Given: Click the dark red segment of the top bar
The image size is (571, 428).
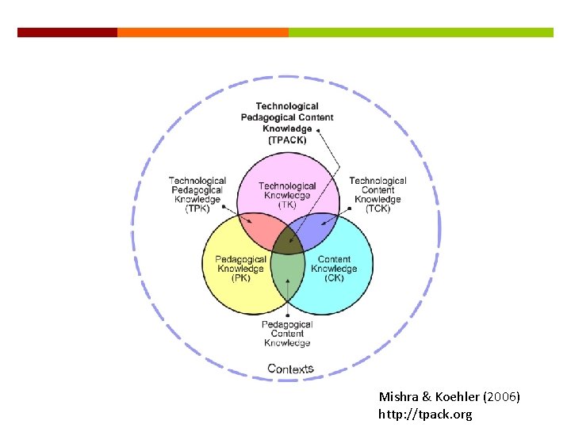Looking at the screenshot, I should pos(67,32).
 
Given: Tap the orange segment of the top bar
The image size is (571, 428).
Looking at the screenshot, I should pos(203,32).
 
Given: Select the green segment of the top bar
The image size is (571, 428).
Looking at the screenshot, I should pos(420,32).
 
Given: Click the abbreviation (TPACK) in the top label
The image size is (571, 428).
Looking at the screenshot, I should pos(287,139).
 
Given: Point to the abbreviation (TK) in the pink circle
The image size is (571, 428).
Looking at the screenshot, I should pos(287,204).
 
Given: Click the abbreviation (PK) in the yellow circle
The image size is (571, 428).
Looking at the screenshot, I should pos(240,278).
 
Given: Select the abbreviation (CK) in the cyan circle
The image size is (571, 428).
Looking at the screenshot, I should pos(334,278).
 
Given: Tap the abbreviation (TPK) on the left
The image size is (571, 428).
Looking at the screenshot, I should pos(197,209).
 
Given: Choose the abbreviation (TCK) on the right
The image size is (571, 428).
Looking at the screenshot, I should pos(377,209).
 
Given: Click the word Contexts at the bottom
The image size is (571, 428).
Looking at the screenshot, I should pos(290,369).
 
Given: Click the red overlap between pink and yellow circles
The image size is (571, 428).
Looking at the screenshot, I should pos(259,230).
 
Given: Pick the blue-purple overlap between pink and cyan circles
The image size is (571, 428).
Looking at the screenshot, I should pos(316,230).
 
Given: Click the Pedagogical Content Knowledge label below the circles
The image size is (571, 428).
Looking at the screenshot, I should pos(287,334).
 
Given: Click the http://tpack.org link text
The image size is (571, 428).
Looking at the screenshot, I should pos(425,415).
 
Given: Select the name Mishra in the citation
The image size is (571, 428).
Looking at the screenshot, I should pos(397,396).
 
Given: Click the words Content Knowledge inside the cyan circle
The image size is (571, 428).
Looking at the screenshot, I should pos(334,264).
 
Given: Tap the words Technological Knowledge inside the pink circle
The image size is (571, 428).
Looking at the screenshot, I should pos(287,190).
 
